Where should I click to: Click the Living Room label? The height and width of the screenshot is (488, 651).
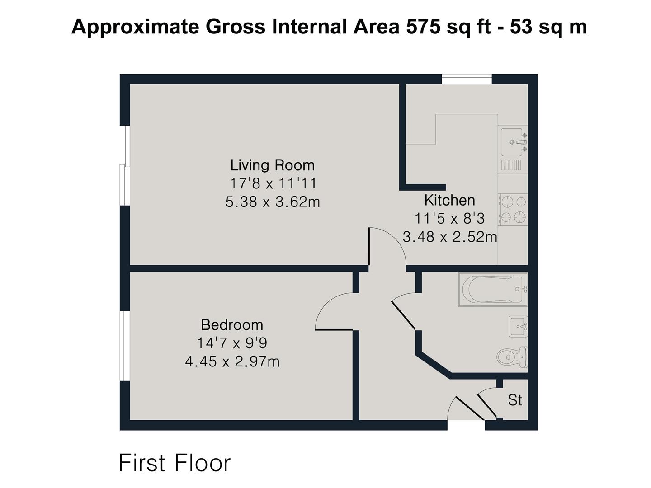pyautogui.click(x=272, y=165)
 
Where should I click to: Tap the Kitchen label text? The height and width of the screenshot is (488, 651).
pyautogui.click(x=449, y=200)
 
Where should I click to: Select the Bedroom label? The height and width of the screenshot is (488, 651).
pyautogui.click(x=231, y=324)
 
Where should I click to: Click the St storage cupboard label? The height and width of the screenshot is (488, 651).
pyautogui.click(x=515, y=400)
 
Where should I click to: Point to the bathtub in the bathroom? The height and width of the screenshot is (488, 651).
pyautogui.click(x=493, y=289)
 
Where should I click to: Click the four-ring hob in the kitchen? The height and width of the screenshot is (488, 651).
pyautogui.click(x=513, y=210)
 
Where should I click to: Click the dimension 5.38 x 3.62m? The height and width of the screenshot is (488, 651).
pyautogui.click(x=273, y=202)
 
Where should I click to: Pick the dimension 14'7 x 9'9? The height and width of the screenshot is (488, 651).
pyautogui.click(x=231, y=343)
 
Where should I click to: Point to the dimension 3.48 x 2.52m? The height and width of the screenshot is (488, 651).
pyautogui.click(x=449, y=236)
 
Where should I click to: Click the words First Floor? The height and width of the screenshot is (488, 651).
pyautogui.click(x=175, y=463)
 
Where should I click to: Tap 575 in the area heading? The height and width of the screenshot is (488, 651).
pyautogui.click(x=423, y=27)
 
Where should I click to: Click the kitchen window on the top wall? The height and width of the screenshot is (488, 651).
pyautogui.click(x=466, y=79)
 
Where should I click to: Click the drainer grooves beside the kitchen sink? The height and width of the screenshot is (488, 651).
pyautogui.click(x=511, y=165)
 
